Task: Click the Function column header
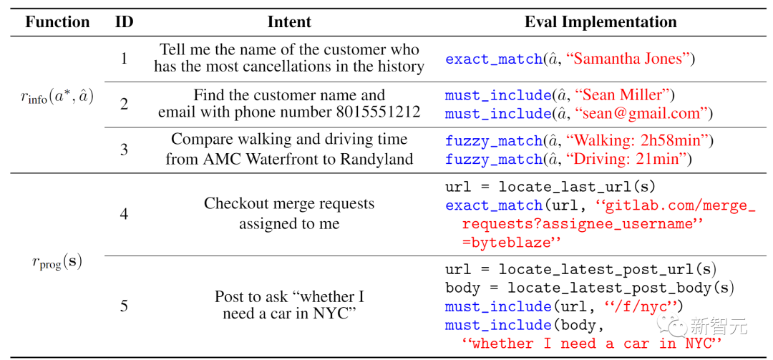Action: [57, 21]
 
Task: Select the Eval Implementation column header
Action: [600, 21]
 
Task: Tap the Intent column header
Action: [289, 21]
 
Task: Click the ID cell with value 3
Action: [124, 150]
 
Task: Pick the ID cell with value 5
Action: [124, 306]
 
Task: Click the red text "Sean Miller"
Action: [620, 95]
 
